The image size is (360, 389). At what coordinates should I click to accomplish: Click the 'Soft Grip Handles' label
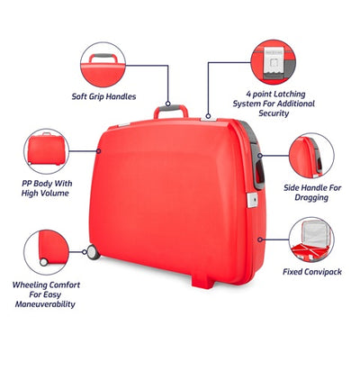103,96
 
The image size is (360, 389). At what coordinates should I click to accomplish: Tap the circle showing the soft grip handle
103,65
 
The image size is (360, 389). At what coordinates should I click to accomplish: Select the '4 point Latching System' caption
274,104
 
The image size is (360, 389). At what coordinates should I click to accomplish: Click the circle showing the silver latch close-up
274,62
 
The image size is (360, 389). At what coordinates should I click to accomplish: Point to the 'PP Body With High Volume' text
47,188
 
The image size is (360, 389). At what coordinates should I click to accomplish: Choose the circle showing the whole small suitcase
46,151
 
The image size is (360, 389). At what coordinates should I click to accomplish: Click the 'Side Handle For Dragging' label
312,193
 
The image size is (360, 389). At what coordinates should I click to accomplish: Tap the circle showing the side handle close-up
311,156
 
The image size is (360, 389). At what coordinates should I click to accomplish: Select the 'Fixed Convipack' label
312,272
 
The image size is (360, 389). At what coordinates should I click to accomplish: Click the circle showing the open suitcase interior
311,240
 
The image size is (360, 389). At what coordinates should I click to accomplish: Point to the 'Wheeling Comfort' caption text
46,294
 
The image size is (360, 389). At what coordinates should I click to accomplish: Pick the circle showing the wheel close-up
46,252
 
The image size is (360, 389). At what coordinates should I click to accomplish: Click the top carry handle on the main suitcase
171,111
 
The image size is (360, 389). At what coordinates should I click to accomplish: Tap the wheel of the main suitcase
94,252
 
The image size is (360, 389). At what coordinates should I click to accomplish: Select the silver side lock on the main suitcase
252,200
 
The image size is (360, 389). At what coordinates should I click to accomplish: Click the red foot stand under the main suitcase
203,282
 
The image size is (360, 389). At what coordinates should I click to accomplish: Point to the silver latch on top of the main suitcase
209,120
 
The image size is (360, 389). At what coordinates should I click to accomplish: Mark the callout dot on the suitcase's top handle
168,104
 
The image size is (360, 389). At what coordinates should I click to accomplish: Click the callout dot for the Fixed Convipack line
260,240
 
